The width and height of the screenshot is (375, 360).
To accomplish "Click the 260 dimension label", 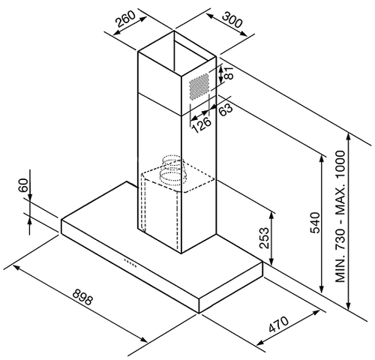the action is point(126,19).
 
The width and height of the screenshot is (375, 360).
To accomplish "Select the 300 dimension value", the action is point(232,19).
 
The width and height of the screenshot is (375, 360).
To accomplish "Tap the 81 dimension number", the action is point(229,73).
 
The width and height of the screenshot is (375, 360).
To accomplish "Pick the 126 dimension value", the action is point(202,124).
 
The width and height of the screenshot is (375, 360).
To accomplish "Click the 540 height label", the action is point(315,223).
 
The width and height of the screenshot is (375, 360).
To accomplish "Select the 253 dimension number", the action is point(264,238).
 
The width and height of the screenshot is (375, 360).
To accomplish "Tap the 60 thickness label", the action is point(23,185).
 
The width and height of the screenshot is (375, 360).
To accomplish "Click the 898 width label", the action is point(82,297).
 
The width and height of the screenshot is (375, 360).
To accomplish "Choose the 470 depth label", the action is point(278,324).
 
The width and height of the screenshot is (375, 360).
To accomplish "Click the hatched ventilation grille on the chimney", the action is point(199,86).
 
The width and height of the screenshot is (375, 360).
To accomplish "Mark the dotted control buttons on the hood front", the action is point(130,262).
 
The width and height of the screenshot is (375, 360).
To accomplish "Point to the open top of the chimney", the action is point(177,53).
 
